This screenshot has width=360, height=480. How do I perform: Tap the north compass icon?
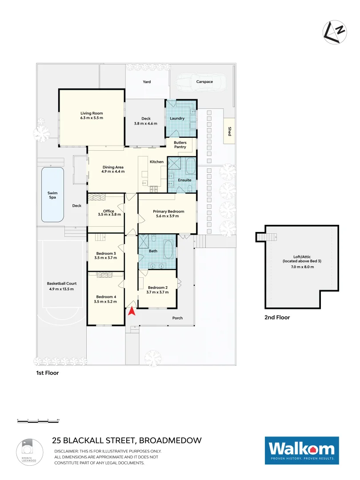(x=334, y=32)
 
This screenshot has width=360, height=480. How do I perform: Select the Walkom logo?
(x=302, y=451)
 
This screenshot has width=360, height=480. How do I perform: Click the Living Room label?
(x=92, y=113)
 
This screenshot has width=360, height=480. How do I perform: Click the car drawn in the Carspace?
(x=200, y=82)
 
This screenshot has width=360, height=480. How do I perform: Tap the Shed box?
(x=229, y=131)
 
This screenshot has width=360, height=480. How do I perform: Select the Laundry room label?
(x=177, y=119)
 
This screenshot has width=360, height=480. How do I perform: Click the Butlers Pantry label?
(x=180, y=145)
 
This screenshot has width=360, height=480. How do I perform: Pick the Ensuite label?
(x=184, y=180)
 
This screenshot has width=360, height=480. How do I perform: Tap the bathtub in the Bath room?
(x=168, y=249)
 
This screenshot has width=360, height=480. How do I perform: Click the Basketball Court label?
(x=60, y=284)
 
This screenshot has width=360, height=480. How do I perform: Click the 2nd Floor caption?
(x=277, y=317)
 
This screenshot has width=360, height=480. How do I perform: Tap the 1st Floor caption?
(x=48, y=373)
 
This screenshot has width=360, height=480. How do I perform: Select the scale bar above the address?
(x=38, y=420)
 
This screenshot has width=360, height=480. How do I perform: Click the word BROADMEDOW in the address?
(x=171, y=441)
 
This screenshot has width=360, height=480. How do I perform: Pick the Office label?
(x=108, y=211)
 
